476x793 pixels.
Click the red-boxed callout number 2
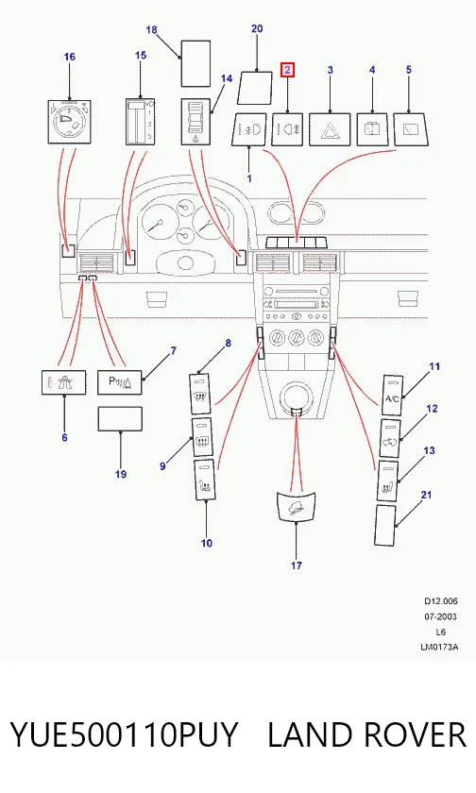coord(287,70)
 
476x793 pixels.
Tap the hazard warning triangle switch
coord(331,130)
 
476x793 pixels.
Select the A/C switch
coord(392,396)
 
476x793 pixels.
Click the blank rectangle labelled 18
coord(195,64)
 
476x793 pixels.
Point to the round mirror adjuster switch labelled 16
coord(69,122)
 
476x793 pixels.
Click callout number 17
coord(296,565)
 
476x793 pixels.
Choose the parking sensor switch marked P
coord(120,382)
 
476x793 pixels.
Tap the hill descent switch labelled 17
coord(296,506)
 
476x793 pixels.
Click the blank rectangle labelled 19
coord(120,419)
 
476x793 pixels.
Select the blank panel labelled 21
coord(385,525)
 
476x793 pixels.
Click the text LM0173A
coord(439,647)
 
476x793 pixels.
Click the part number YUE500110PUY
coord(124,734)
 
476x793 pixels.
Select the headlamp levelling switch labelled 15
coord(140,122)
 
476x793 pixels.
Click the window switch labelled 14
coord(196,122)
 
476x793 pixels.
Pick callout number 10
coord(207,543)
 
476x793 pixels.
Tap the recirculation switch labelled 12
coord(390,438)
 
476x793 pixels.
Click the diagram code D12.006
coord(441,601)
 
